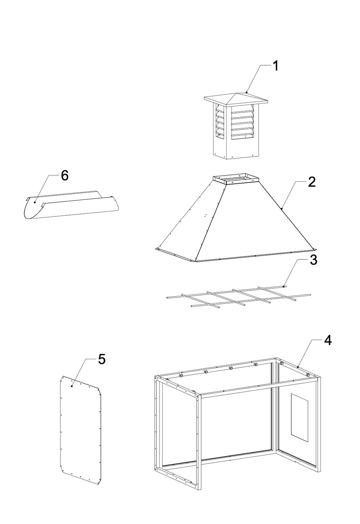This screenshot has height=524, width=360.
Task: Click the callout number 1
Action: tap(276, 66)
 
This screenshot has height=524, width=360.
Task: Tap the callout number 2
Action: tap(312, 182)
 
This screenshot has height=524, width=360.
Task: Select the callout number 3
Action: tap(313, 260)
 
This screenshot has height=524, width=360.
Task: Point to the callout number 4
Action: tap(327, 340)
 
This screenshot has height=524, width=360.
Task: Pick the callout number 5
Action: tap(101, 360)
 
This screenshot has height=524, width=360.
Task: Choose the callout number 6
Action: tap(65, 176)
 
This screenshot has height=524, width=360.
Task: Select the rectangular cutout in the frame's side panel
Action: tap(300, 417)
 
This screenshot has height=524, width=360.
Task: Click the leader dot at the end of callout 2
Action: tap(282, 208)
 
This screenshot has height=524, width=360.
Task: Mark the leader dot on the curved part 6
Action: tap(35, 202)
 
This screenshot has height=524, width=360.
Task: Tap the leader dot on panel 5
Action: tap(72, 386)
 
